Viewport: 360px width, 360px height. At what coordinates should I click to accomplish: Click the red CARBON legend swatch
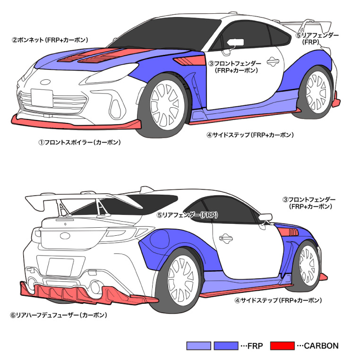(x=282, y=346)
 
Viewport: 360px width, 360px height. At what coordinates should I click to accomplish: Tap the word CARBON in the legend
(x=321, y=346)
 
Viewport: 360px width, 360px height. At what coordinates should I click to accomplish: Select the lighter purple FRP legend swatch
(x=198, y=346)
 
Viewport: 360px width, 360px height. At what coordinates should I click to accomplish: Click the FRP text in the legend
(x=255, y=346)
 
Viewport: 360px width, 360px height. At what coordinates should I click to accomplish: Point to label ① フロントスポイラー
(x=79, y=142)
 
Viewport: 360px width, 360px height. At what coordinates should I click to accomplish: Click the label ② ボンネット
(x=50, y=40)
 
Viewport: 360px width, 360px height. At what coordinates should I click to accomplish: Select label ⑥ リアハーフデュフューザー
(x=59, y=315)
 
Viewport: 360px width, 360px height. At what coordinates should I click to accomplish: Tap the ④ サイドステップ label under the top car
(x=250, y=135)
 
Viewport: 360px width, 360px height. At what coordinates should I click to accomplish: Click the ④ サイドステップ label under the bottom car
(x=278, y=300)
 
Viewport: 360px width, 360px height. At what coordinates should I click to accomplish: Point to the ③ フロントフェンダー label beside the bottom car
(x=309, y=203)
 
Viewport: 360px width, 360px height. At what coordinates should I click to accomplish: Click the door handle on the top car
(x=273, y=61)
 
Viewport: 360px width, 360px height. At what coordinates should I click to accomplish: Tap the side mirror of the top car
(x=235, y=43)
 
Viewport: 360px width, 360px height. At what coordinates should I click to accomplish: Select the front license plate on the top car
(x=42, y=98)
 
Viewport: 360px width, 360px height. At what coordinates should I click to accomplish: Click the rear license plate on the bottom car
(x=60, y=267)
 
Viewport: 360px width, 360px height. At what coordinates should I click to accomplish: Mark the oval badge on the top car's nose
(x=45, y=82)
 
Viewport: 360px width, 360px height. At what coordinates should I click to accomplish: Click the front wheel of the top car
(x=163, y=106)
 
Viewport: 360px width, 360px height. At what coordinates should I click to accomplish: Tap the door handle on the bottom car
(x=226, y=238)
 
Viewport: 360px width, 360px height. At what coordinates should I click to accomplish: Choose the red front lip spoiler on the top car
(x=76, y=123)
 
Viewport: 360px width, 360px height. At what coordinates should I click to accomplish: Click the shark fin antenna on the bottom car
(x=146, y=189)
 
